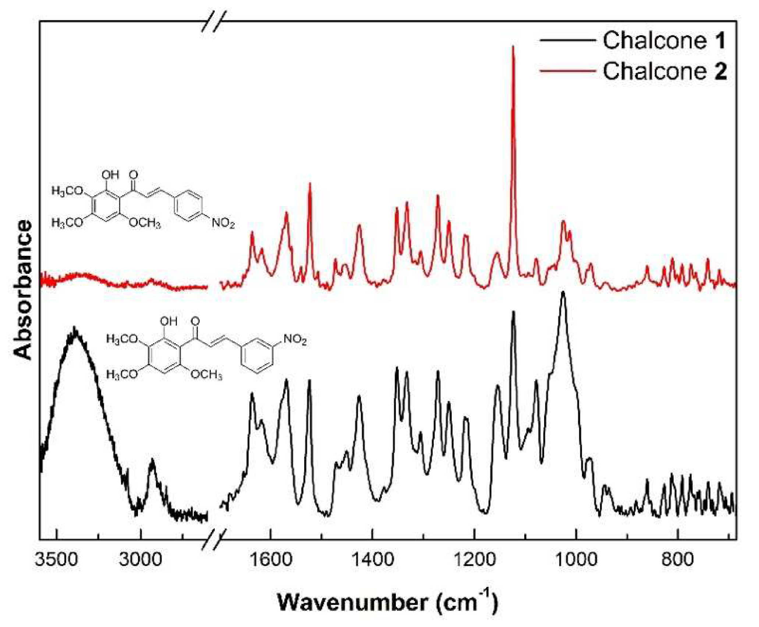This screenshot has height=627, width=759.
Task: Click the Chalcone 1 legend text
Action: [x=664, y=40]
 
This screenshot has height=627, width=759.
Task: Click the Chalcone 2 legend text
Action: [x=664, y=71]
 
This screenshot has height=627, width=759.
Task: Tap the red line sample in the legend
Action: [x=567, y=71]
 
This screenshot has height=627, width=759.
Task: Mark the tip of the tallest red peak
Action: [x=513, y=47]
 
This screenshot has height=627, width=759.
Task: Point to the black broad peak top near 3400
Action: [x=75, y=328]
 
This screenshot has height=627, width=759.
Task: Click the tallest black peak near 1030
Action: [x=563, y=293]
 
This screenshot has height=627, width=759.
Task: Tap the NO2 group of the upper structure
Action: [x=223, y=223]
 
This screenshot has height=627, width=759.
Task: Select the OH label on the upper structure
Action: [x=110, y=174]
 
